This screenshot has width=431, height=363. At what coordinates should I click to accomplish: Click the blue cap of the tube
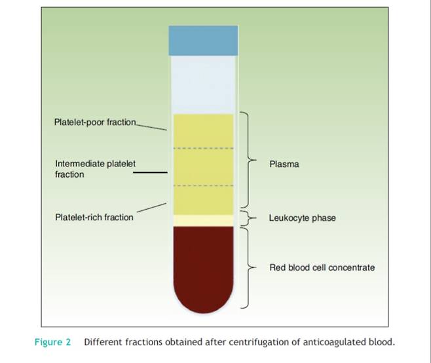tap(202, 41)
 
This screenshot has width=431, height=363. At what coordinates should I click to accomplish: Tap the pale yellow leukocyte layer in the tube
tap(202, 220)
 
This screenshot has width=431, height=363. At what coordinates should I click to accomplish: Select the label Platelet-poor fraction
tap(95, 122)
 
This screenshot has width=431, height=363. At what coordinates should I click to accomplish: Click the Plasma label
tap(284, 164)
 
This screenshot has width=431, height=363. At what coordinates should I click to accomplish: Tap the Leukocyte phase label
tap(302, 218)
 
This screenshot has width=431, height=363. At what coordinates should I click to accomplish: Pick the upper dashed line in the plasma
tap(202, 149)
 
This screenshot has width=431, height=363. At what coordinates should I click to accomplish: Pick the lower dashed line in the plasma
tap(202, 186)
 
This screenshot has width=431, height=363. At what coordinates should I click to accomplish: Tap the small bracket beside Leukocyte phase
tap(248, 218)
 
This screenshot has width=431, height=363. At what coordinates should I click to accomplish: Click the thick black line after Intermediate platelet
tap(149, 173)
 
